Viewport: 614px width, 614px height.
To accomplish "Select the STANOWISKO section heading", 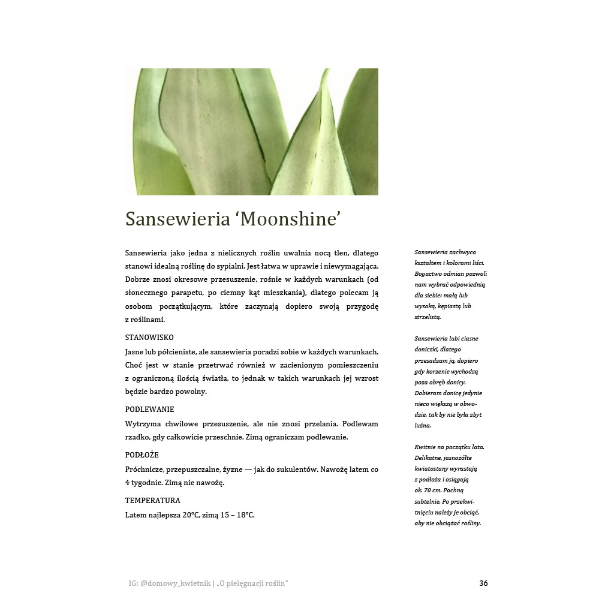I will tap(149, 338).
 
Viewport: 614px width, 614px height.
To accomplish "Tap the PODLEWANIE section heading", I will tap(149, 410).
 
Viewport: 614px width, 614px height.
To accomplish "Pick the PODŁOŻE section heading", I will tap(142, 455).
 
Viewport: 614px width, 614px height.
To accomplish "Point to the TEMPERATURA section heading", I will tap(152, 500).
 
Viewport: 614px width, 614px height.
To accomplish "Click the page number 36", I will tap(483, 583).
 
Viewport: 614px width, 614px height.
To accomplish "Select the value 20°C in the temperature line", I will tap(191, 514).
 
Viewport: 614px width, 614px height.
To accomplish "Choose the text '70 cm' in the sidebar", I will tap(433, 490).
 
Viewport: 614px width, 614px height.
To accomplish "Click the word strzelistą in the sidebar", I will tap(428, 317).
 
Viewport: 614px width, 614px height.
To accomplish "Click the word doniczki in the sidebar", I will tap(428, 350).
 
